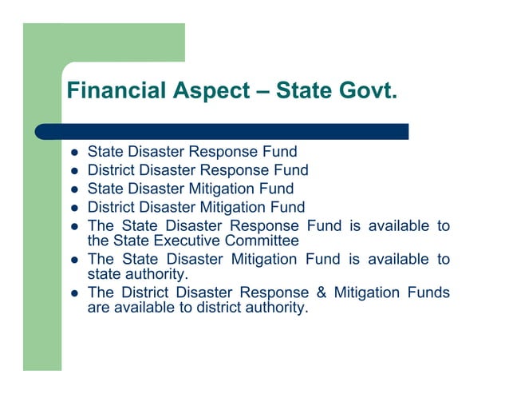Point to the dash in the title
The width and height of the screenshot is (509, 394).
coord(262,91)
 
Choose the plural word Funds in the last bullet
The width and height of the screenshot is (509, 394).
coord(427,293)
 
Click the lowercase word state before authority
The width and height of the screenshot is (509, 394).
coord(105,273)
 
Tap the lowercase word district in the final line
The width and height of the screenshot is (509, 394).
coord(218,307)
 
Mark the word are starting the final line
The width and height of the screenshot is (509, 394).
coord(98,307)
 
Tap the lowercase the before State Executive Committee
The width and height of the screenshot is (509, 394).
coord(97,240)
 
